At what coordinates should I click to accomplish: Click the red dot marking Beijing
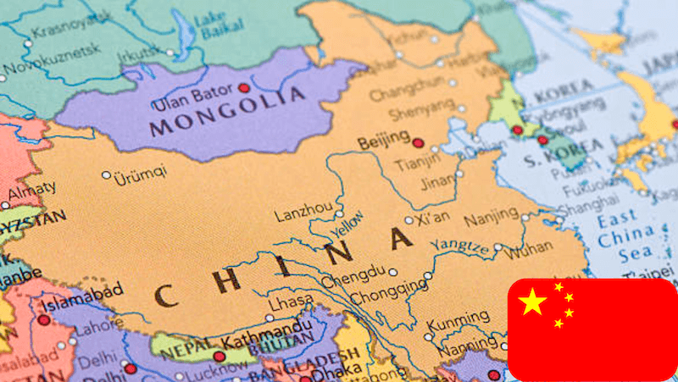coord(417,142)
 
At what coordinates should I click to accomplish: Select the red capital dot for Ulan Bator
coord(244,87)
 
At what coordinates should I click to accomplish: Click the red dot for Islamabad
coord(44,320)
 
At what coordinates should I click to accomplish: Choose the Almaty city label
coord(32,189)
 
